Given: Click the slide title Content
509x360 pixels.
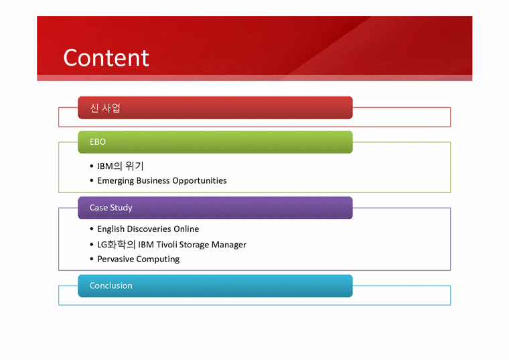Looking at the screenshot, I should coord(106,58).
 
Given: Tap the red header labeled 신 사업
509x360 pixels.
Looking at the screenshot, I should coord(215,108).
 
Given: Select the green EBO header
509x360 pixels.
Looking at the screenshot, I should coord(215,142).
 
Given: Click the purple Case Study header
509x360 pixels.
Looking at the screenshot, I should coord(215,208).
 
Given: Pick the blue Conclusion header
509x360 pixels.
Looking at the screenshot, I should coord(215,286).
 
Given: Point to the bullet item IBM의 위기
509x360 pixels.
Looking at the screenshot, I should coord(121,166).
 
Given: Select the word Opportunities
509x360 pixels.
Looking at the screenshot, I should coord(200,181).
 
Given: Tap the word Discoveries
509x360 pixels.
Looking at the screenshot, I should coord(149,229).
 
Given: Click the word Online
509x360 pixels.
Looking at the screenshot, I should coord(186,229).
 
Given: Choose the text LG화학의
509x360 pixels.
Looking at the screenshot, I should coord(116,245).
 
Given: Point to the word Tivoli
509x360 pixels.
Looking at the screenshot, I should coord(167,245).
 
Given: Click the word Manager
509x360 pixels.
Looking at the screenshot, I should coord(229,245).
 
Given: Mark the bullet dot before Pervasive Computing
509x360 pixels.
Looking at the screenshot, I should coord(91,259).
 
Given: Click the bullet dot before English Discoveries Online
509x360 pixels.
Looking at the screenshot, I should coord(91,229).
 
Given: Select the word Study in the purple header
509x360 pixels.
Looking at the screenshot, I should coord(122,208).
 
